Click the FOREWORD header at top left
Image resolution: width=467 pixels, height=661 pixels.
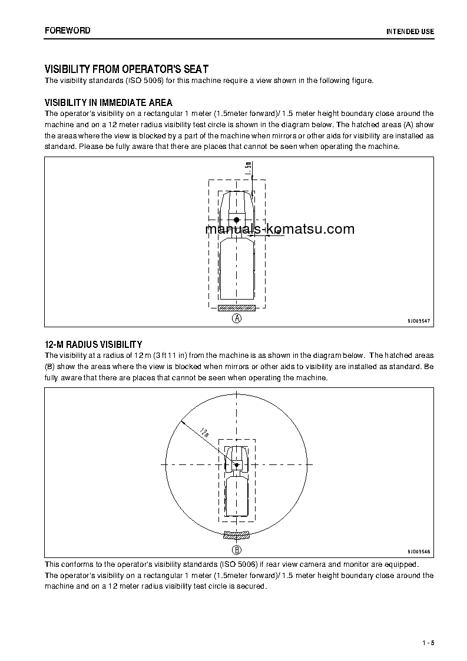pyautogui.click(x=67, y=30)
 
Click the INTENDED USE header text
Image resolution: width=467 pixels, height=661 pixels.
pyautogui.click(x=410, y=31)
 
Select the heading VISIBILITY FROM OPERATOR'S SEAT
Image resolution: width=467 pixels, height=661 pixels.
pyautogui.click(x=127, y=69)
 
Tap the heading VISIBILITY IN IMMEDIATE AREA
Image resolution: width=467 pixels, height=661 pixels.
pyautogui.click(x=108, y=102)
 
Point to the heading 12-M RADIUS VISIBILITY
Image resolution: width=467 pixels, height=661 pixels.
pyautogui.click(x=93, y=344)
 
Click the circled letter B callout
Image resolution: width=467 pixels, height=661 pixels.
pyautogui.click(x=237, y=550)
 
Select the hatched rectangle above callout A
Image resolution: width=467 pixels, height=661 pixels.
pyautogui.click(x=237, y=308)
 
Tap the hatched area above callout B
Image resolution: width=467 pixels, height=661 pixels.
pyautogui.click(x=237, y=536)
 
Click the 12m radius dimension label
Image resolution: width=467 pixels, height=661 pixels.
pyautogui.click(x=204, y=433)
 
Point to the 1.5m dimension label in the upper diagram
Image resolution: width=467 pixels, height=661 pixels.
pyautogui.click(x=248, y=169)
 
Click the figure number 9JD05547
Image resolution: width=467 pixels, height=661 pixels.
pyautogui.click(x=418, y=321)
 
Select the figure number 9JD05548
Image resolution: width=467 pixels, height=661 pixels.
pyautogui.click(x=418, y=552)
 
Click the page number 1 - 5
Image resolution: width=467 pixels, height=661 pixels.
pyautogui.click(x=428, y=642)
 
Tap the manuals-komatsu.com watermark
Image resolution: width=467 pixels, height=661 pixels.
pyautogui.click(x=280, y=230)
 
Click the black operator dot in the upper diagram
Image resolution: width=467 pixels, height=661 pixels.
pyautogui.click(x=237, y=220)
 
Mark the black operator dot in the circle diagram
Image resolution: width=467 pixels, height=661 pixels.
pyautogui.click(x=237, y=465)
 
